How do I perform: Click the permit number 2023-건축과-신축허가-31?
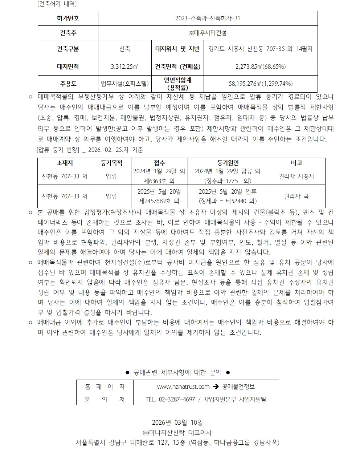(x=208, y=18)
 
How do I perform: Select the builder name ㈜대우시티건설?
(x=208, y=33)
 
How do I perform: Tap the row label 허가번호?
(x=68, y=18)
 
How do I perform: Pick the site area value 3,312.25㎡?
(x=124, y=67)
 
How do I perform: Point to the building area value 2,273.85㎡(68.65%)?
(x=260, y=67)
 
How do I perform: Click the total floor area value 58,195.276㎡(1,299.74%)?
(x=260, y=84)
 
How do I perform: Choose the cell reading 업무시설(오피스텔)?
(x=124, y=84)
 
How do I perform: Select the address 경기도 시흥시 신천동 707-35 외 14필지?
(x=260, y=49)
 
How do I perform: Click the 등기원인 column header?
(x=228, y=163)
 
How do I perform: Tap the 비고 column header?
(x=296, y=163)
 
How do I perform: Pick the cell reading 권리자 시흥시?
(x=296, y=177)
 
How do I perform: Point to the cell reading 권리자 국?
(x=296, y=196)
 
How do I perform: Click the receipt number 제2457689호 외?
(x=159, y=201)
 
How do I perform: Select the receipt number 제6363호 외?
(x=159, y=181)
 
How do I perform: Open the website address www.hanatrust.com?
(x=183, y=387)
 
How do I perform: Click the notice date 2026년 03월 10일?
(x=177, y=422)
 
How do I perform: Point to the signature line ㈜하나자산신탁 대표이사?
(x=177, y=433)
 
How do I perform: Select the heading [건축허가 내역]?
(x=57, y=4)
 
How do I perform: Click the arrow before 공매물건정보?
(x=216, y=387)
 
